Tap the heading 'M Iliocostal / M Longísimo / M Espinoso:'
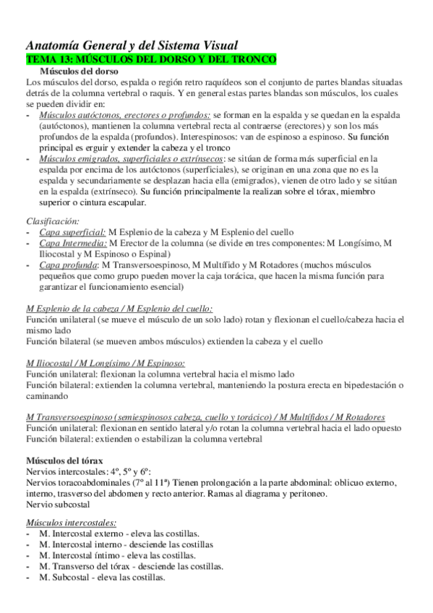click(106, 364)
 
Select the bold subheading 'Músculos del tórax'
click(64, 460)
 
